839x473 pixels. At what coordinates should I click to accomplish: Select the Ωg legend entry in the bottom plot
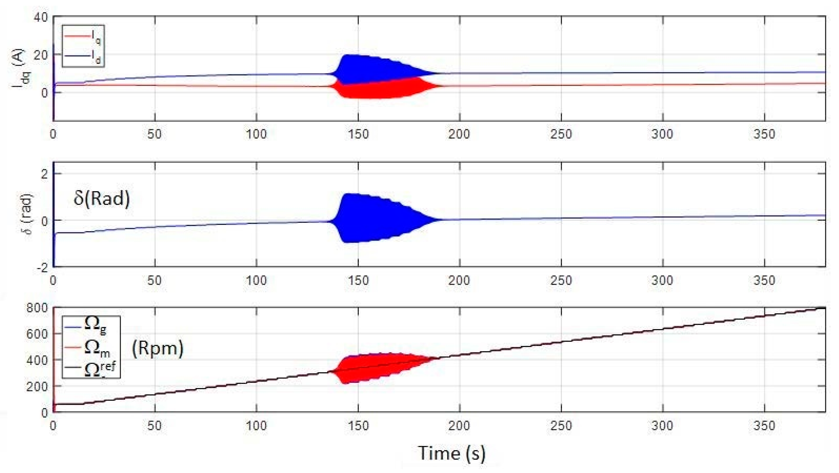click(x=91, y=326)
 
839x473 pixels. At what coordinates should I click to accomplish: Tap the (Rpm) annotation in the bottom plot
click(x=157, y=349)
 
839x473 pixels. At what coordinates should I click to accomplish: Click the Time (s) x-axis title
click(x=452, y=453)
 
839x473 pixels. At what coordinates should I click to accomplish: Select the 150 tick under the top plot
click(x=358, y=134)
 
